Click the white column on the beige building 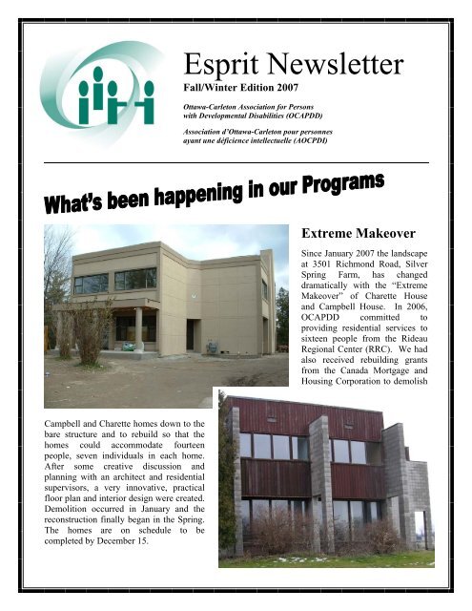tap(139, 327)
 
